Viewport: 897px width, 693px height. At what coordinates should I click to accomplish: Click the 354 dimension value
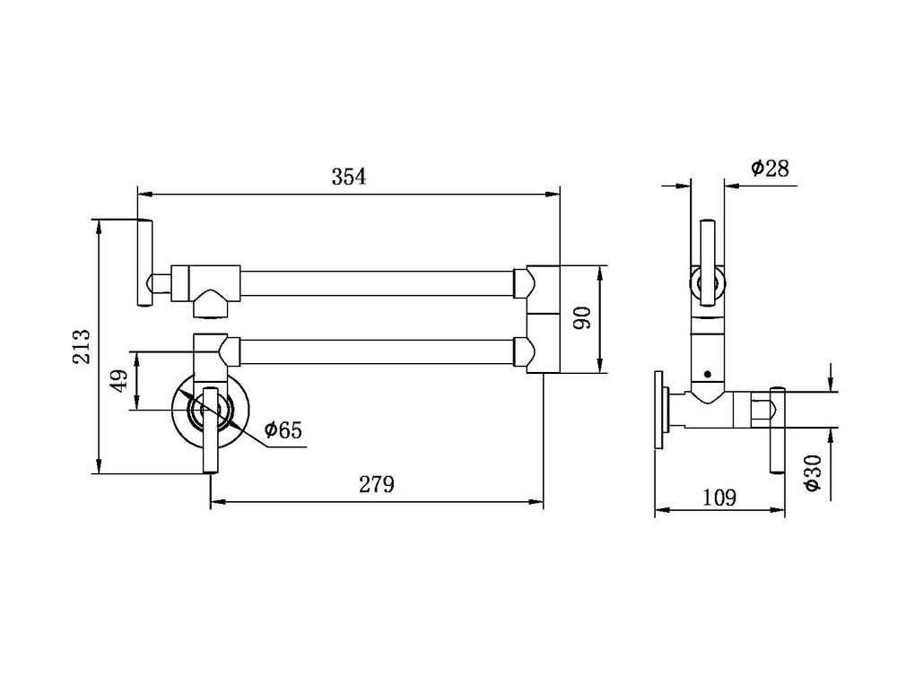[x=348, y=177]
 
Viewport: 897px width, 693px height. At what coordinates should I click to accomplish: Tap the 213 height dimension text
[x=82, y=346]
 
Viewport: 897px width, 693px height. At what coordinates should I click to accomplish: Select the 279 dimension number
[x=377, y=484]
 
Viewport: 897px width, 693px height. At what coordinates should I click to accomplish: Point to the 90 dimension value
[x=582, y=318]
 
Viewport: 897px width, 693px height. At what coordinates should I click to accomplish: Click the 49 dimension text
[x=118, y=381]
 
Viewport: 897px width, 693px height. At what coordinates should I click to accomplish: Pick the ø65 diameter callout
[x=283, y=429]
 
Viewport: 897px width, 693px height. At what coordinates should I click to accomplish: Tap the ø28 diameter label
[x=770, y=169]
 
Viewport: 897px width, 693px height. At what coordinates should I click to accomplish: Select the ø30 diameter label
[x=812, y=472]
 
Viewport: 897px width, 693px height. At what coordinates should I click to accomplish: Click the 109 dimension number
[x=719, y=498]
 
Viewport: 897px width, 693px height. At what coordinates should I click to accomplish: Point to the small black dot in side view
[x=708, y=375]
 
